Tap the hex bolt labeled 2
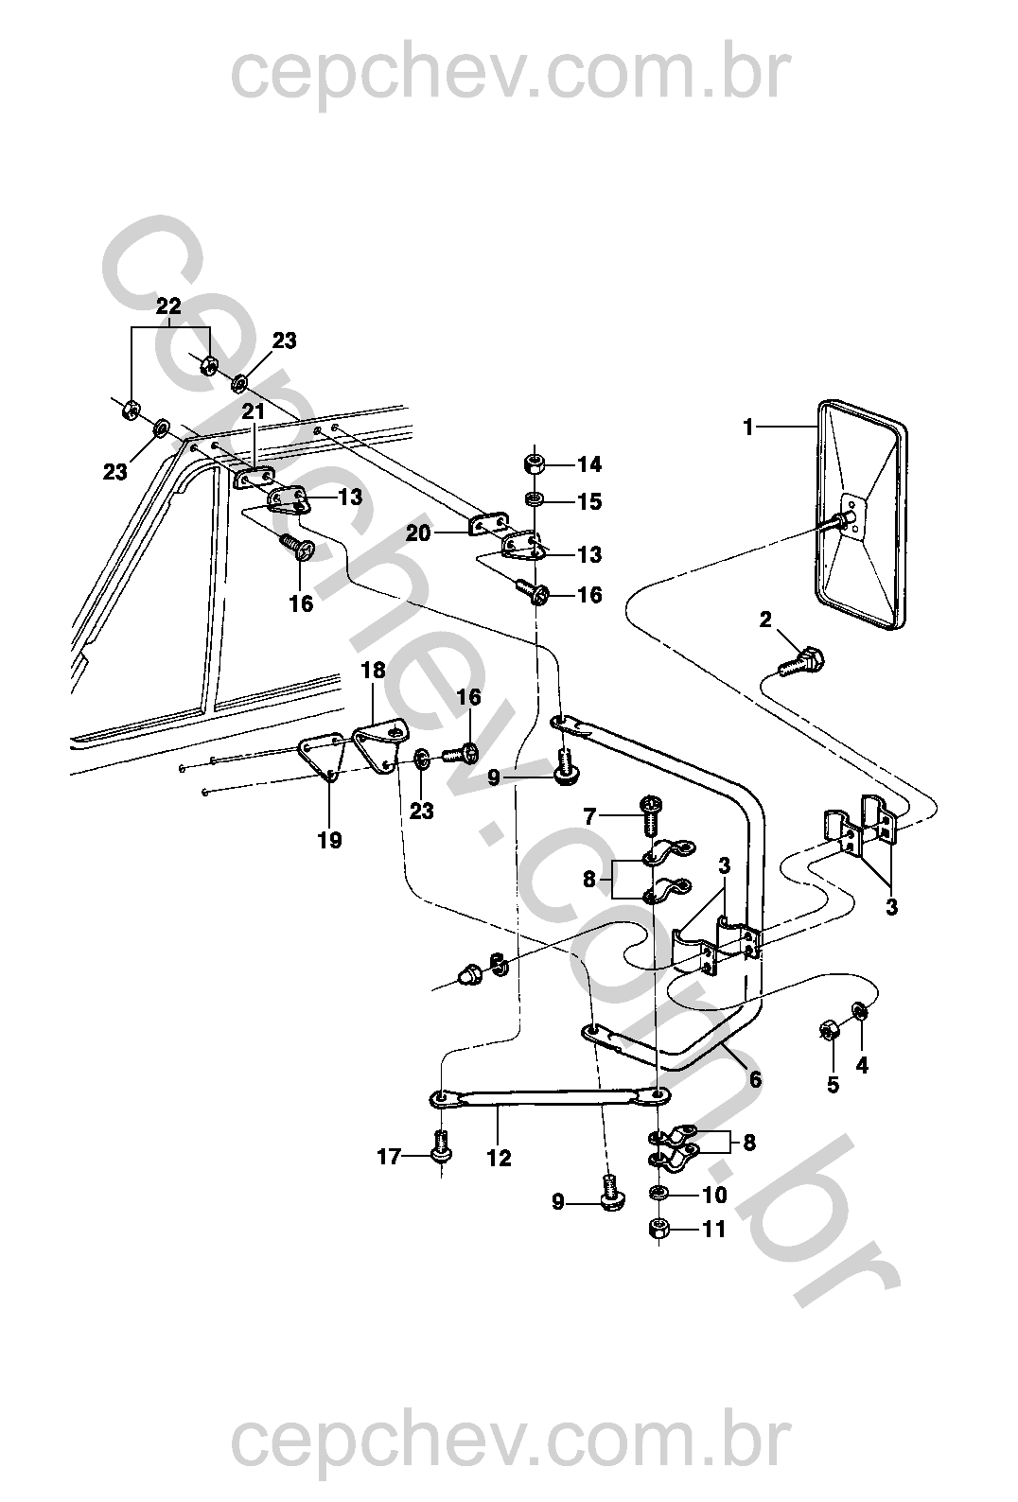coord(800,661)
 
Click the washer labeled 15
coord(534,499)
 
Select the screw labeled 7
coord(651,814)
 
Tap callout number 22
coord(168,306)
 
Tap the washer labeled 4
coord(859,1010)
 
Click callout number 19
coord(329,840)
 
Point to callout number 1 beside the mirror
coord(749,428)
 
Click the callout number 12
coord(499,1158)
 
